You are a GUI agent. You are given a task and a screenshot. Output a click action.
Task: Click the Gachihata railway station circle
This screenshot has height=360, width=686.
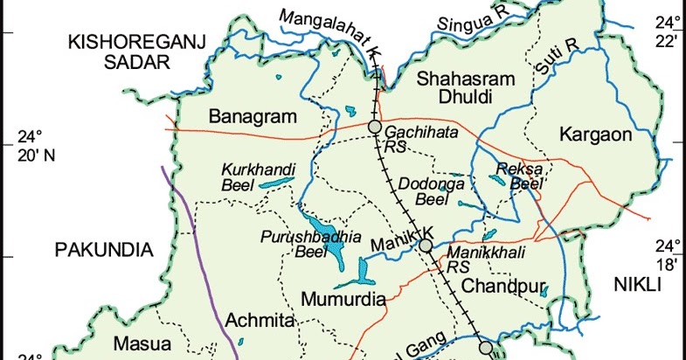coord(375,128)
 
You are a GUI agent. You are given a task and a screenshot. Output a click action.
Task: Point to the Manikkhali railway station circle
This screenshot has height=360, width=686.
coord(426,246)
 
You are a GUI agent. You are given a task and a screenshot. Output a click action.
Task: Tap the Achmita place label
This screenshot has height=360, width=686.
coord(254,321)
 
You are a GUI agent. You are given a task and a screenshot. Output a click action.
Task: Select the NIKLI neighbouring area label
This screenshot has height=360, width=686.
coord(638,285)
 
